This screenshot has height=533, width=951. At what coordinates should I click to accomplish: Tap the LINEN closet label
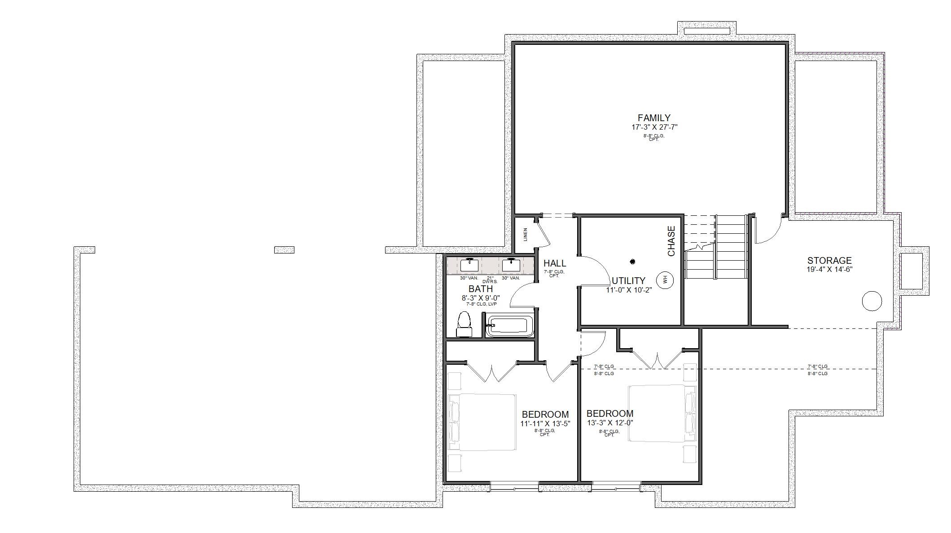[526, 234]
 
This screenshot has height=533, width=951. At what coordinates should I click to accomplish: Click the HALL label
[555, 263]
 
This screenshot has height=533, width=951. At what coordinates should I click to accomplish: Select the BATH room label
[481, 289]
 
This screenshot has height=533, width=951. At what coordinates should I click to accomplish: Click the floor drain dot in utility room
[632, 262]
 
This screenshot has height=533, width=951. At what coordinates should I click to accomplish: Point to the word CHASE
[671, 241]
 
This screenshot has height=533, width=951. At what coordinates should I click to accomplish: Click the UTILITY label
[628, 281]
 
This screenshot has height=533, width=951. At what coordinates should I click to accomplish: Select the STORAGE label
[829, 260]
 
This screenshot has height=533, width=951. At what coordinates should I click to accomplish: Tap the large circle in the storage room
[872, 301]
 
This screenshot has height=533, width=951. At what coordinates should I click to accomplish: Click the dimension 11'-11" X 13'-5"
[545, 424]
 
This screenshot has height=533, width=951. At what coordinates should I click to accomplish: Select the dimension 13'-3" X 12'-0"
[610, 423]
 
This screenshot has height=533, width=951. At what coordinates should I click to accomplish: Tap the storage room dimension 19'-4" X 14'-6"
[829, 270]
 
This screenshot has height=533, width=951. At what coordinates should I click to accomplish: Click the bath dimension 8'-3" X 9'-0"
[481, 298]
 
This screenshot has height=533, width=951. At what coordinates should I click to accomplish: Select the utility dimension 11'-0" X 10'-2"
[629, 290]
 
